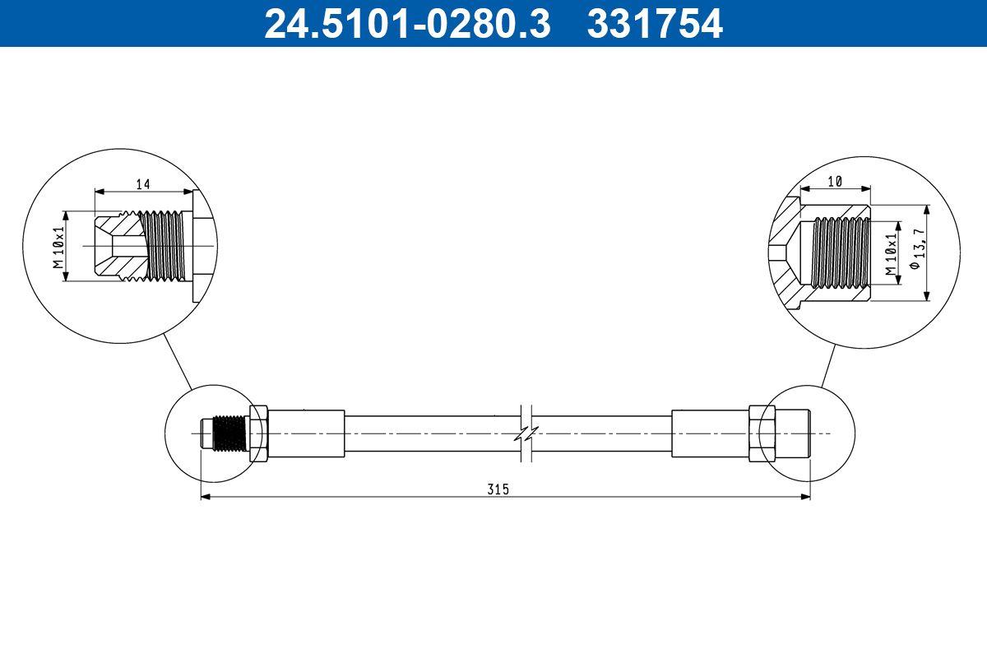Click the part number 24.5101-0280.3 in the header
pos(405,23)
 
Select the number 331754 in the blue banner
pos(654,23)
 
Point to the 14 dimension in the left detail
pos(143,184)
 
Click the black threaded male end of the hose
pos(229,433)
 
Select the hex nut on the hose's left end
pos(258,433)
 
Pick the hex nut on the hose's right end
pos(758,433)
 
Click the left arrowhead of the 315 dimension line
pos(206,496)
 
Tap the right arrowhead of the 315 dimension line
pos(805,496)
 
